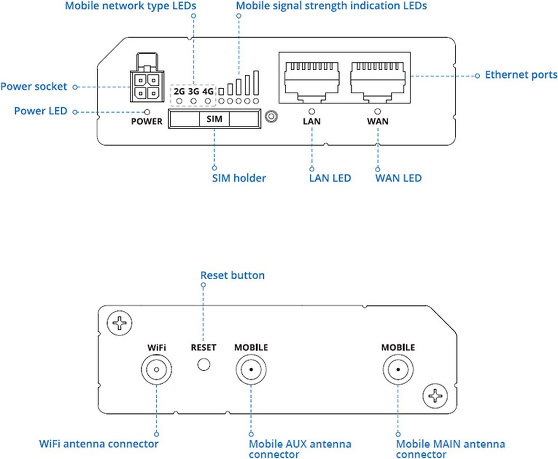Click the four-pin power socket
tap(147, 86)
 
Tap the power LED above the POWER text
tap(147, 112)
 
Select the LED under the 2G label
tap(179, 101)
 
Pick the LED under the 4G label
tap(208, 101)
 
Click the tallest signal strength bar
tap(256, 83)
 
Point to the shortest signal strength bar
tap(221, 92)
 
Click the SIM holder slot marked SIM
tap(214, 119)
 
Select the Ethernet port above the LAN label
tap(312, 81)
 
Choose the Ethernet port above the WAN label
tap(378, 81)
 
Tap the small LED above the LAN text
tap(312, 111)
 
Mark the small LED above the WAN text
tap(378, 111)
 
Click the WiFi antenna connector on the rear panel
tap(156, 369)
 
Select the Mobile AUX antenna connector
tap(251, 369)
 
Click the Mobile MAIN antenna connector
tap(398, 369)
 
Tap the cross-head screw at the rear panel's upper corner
tap(120, 323)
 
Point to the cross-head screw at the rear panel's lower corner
tap(435, 396)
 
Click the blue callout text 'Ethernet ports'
tap(521, 75)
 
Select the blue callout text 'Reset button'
tap(232, 275)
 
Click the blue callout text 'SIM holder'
tap(239, 178)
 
